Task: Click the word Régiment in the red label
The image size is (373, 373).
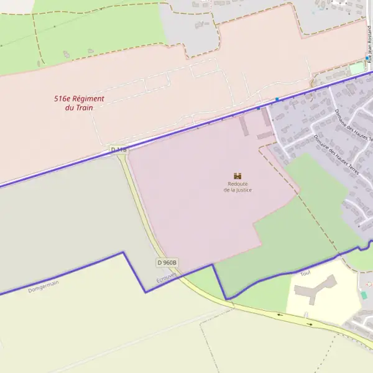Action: tap(88, 99)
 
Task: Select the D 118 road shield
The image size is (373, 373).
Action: tap(119, 150)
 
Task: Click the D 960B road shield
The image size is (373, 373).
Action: tap(167, 262)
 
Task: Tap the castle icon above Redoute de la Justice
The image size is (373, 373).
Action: tap(237, 176)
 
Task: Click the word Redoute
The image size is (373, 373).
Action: tap(238, 184)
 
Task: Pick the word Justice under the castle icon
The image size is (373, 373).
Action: tap(244, 190)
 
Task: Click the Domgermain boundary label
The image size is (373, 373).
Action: tap(44, 286)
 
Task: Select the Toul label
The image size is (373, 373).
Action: tap(305, 273)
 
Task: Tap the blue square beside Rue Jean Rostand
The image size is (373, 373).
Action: tap(367, 58)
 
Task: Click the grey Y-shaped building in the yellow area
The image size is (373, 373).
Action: tap(315, 290)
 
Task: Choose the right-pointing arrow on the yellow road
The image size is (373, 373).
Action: tap(309, 323)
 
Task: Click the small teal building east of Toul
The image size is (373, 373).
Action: tap(364, 295)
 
